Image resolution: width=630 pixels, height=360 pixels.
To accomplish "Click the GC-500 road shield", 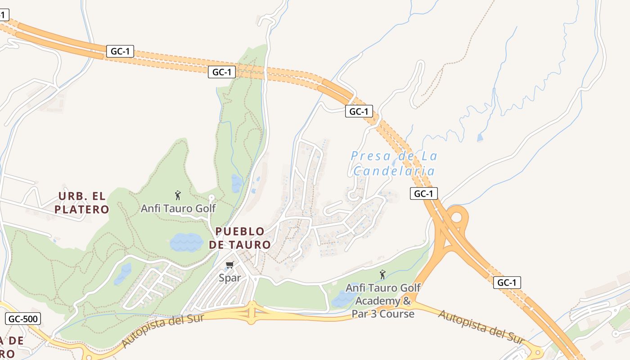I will pos(23,319).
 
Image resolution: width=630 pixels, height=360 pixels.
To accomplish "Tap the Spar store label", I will pos(230,278).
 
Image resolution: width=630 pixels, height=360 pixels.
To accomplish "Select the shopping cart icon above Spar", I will pos(230,265).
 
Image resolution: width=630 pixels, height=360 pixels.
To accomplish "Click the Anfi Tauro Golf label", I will pos(178,209).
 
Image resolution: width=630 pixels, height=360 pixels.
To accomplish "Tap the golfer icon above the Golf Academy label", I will pos(382,274).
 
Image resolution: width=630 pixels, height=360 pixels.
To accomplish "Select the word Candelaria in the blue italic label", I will pos(394,171).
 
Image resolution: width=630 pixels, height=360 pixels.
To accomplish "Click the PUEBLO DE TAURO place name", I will pos(240,238).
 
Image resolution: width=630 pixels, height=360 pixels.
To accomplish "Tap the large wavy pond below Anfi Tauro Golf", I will pos(186,242).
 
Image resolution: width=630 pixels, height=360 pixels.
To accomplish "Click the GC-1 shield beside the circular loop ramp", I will pos(424,193).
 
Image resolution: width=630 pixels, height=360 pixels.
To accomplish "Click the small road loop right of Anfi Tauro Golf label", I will pos(212,198).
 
